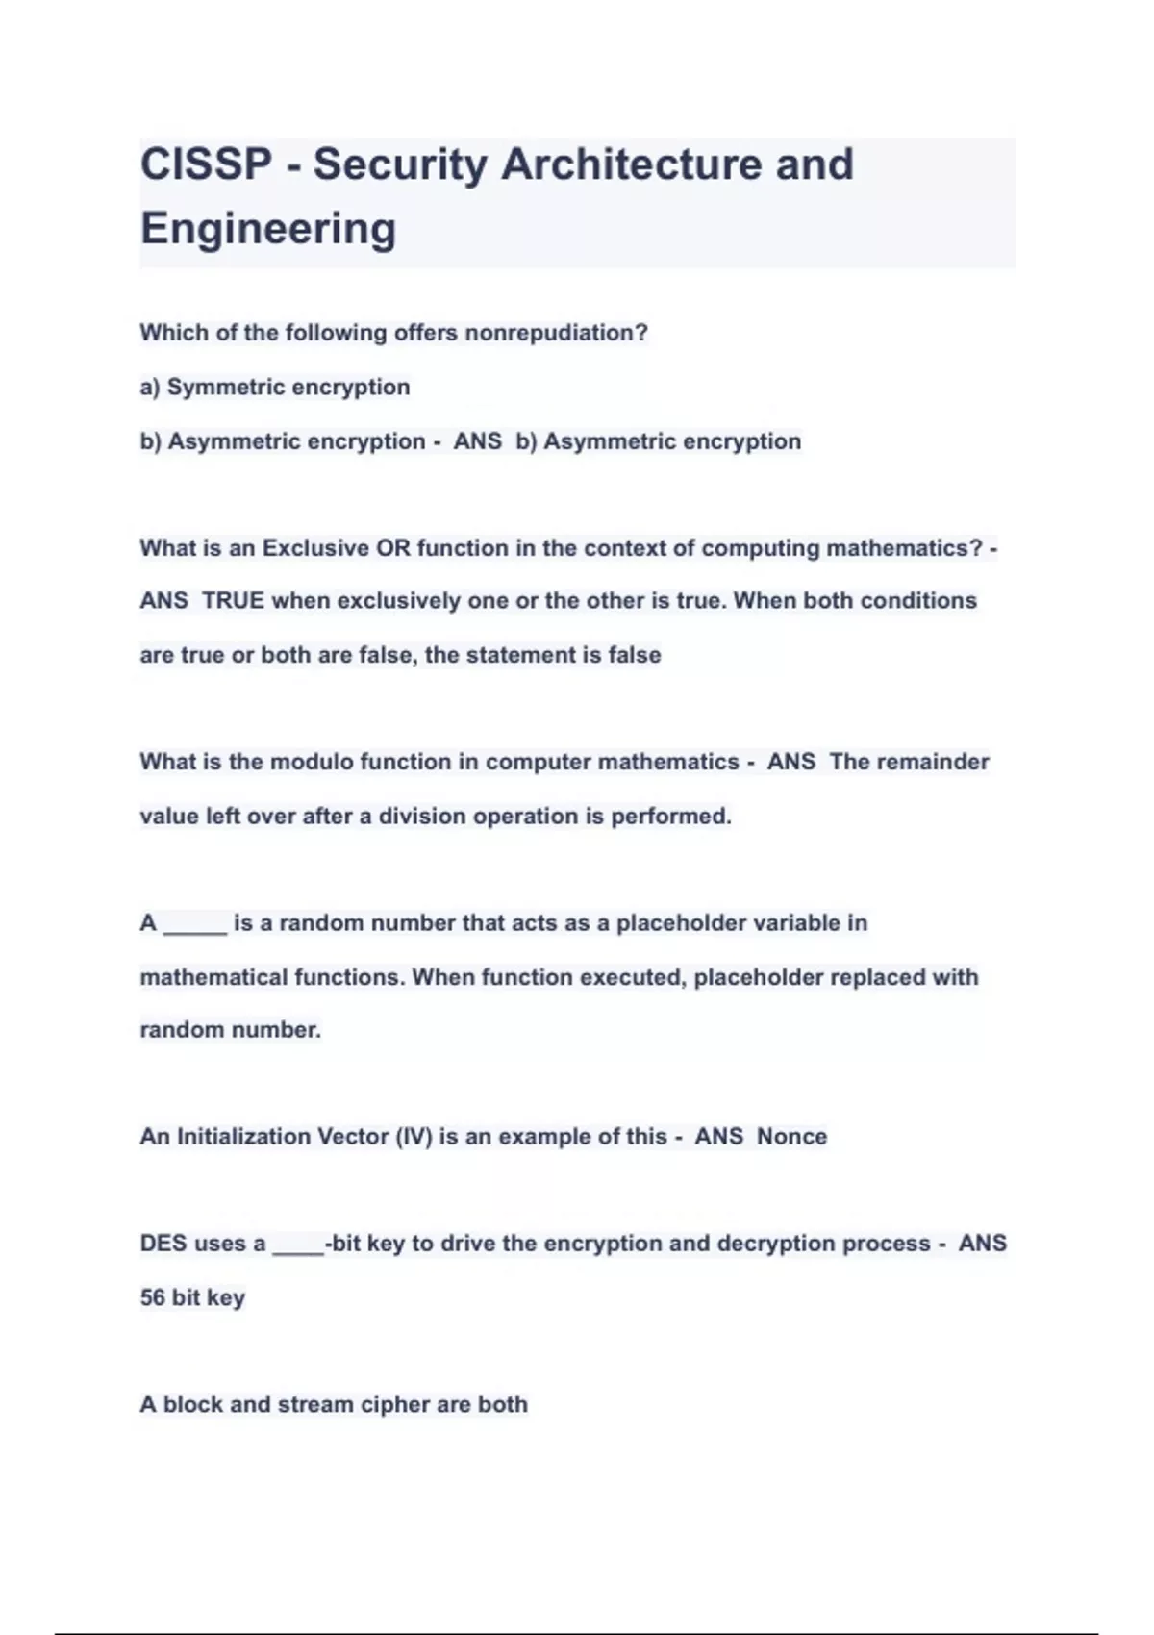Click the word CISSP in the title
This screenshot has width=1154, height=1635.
point(207,164)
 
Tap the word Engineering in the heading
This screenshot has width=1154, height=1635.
point(268,229)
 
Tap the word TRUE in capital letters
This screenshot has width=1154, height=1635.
point(233,601)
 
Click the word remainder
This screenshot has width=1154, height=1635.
point(909,762)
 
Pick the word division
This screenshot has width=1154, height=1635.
point(421,817)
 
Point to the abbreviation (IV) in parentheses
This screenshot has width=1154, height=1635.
point(414,1137)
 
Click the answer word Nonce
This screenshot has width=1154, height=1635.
point(791,1137)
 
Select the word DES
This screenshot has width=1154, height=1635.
point(163,1244)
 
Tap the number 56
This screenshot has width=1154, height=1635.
point(152,1297)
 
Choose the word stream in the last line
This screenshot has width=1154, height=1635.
point(315,1404)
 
